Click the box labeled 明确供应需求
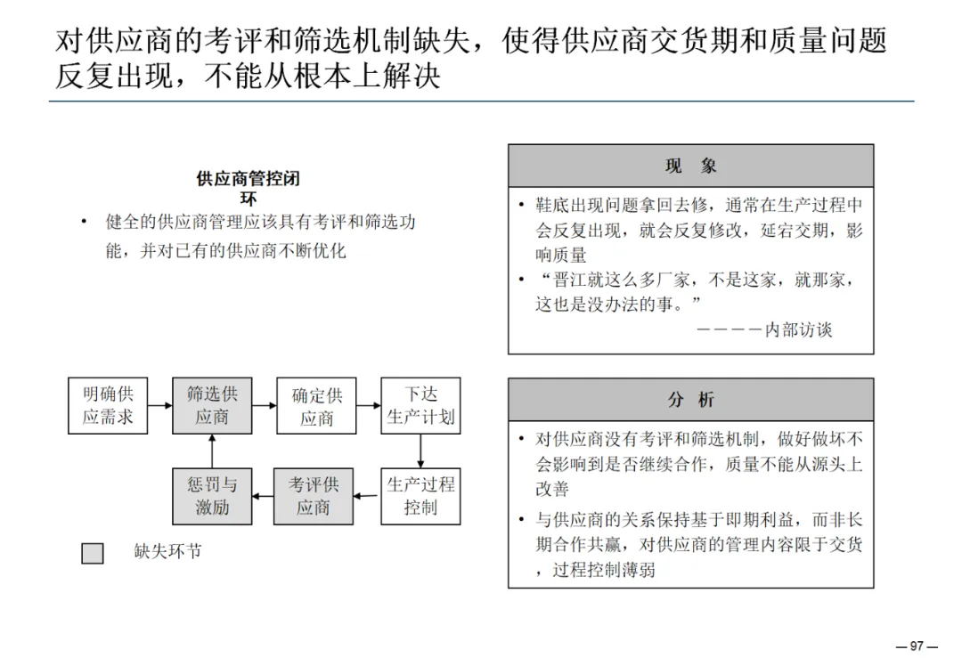point(108,406)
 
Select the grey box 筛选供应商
point(212,406)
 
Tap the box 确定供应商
point(316,406)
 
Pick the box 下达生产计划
point(420,406)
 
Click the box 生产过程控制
point(420,496)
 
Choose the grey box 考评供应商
point(314,496)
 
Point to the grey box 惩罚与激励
point(212,496)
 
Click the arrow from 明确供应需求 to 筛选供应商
point(159,406)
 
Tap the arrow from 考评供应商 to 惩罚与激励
point(263,496)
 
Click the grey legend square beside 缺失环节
point(93,553)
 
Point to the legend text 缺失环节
point(168,552)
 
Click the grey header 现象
point(690,166)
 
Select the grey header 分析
point(690,400)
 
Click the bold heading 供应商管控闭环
point(249,188)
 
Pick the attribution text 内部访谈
point(799,329)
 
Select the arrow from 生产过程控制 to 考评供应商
point(367,496)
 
